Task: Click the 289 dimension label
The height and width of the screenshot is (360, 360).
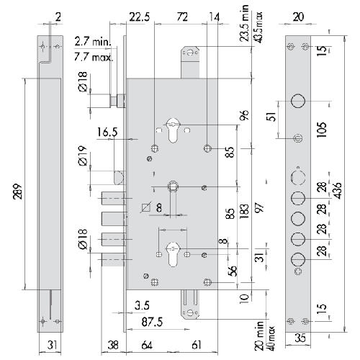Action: (18, 192)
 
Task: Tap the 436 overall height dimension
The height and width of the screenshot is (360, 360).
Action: (338, 191)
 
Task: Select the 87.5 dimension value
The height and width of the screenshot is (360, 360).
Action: (152, 322)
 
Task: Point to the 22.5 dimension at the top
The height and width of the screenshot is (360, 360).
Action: (140, 17)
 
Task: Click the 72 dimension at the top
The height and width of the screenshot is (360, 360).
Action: (182, 17)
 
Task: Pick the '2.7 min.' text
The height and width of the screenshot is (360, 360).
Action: (93, 42)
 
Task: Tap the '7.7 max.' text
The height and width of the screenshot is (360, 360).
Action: (94, 58)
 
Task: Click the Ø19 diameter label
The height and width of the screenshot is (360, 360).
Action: (83, 156)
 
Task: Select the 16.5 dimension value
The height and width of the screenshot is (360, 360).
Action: (107, 132)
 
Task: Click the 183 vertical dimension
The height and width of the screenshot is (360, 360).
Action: (244, 211)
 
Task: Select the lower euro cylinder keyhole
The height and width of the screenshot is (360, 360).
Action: (173, 254)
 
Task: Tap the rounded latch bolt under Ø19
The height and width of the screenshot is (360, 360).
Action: (119, 178)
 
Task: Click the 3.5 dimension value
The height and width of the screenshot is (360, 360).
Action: (142, 306)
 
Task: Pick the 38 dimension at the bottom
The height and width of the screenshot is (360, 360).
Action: (113, 345)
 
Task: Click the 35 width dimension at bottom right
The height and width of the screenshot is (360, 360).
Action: (300, 338)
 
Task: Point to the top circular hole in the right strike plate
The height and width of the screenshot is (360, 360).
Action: (298, 101)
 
